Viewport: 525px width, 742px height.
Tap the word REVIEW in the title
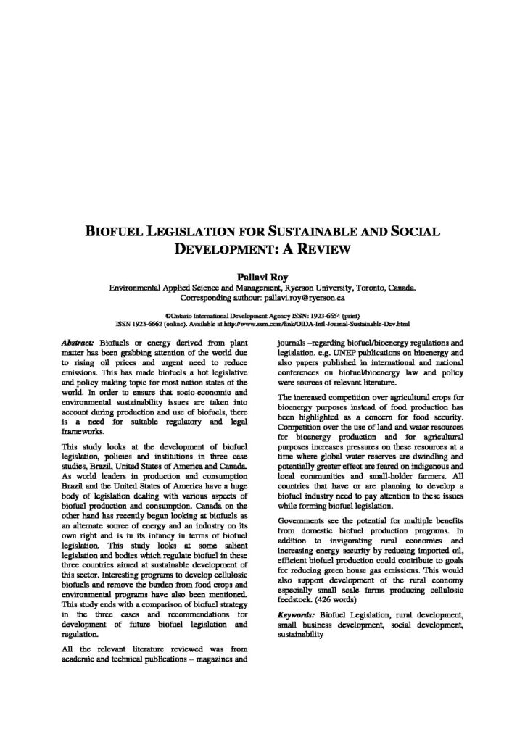coord(326,251)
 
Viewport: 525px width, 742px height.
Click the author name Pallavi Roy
coord(262,278)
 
